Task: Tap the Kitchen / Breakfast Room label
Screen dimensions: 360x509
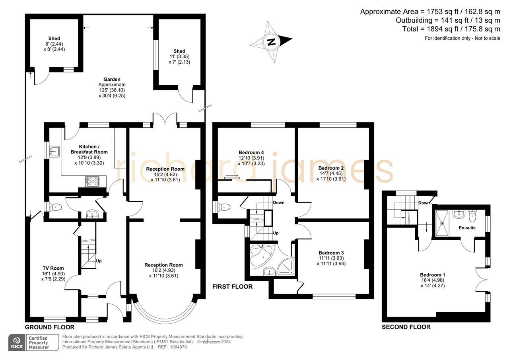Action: [89, 149]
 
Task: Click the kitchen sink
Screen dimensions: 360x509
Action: [54, 151]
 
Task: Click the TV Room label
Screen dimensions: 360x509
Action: [53, 268]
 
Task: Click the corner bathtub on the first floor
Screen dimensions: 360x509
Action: [260, 255]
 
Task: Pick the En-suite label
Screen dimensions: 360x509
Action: [467, 228]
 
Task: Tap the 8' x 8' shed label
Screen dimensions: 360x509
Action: [54, 39]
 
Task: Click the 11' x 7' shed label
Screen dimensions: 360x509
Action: [179, 51]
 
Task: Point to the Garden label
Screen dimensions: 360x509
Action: [112, 79]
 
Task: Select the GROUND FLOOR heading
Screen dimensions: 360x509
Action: [50, 327]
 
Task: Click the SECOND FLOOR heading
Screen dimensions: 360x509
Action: [406, 327]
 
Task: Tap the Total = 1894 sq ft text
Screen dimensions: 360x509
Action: [451, 29]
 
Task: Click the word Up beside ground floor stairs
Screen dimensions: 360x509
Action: [99, 261]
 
